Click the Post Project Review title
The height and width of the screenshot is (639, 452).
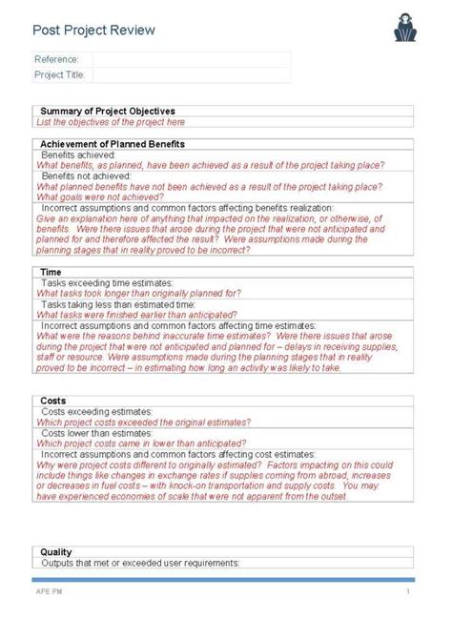point(93,31)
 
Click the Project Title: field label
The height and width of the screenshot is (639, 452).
point(59,73)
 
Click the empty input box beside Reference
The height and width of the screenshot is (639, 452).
point(191,59)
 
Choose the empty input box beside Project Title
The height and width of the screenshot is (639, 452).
point(191,73)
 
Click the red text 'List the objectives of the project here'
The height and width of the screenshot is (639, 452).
point(111,122)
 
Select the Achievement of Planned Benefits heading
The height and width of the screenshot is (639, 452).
point(113,144)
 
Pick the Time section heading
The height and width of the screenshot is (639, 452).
point(51,273)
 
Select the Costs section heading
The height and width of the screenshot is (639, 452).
point(53,402)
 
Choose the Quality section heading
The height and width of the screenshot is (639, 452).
point(55,552)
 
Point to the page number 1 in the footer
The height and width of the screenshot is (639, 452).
point(407,591)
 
